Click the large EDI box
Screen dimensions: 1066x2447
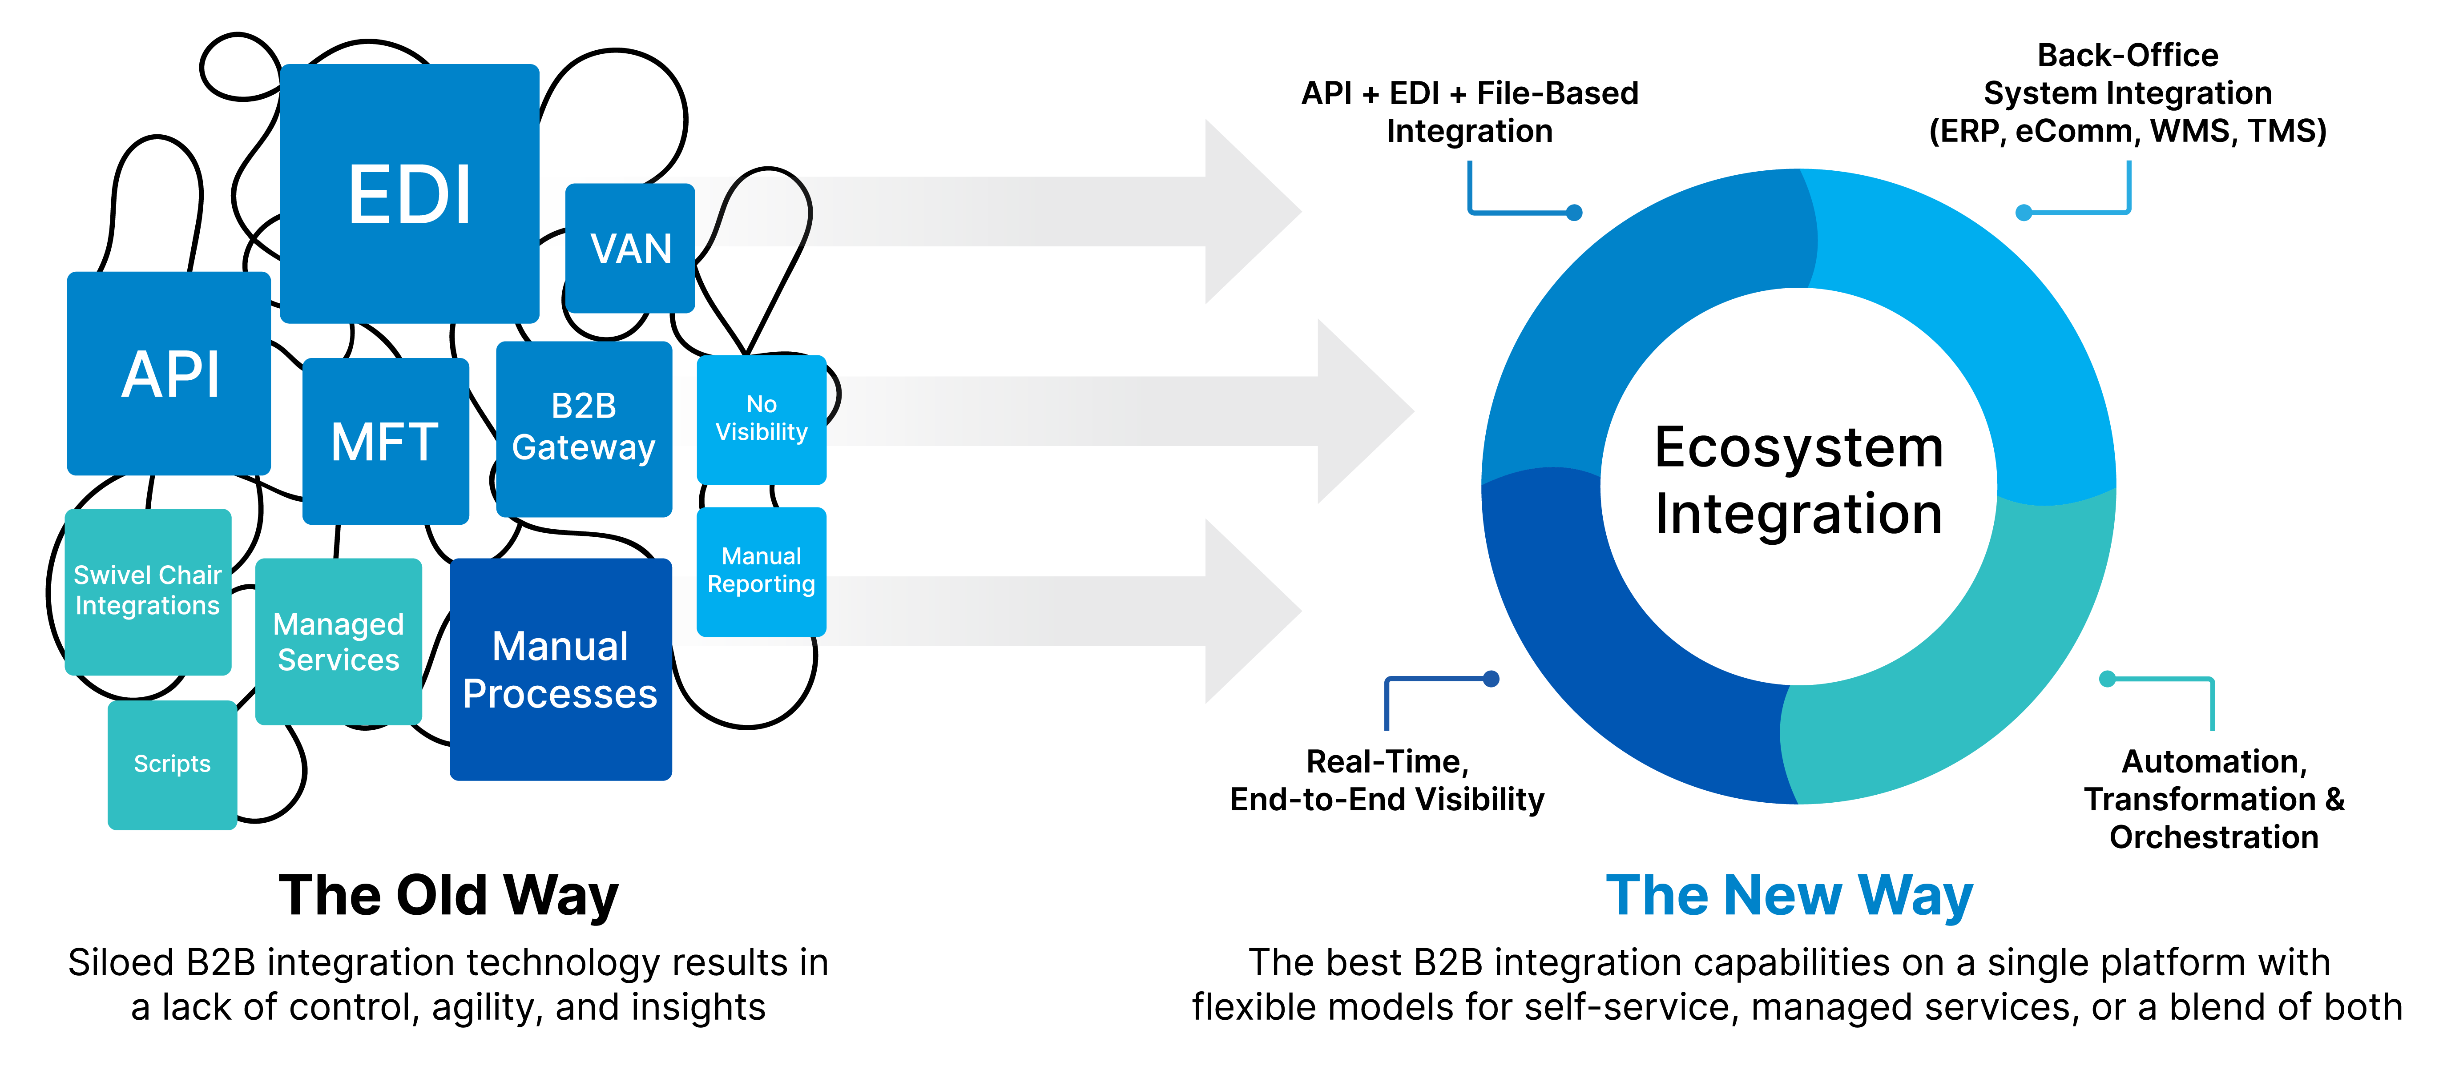pos(409,194)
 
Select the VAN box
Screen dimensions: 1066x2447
pos(630,248)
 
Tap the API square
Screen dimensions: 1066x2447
pos(169,374)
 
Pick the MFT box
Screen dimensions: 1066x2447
pos(385,441)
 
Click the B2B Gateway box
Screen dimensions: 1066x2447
pos(583,427)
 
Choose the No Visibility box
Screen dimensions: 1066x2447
pos(761,419)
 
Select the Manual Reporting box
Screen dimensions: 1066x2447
pos(761,571)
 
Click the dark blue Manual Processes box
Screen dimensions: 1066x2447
pos(560,670)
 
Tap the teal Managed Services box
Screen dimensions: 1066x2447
pos(338,641)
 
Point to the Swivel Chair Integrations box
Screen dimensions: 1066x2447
pos(147,591)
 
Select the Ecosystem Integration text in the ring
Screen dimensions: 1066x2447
pos(1798,481)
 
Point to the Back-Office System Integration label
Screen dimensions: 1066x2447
pos(2127,93)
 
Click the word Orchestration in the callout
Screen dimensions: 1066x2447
pos(2213,837)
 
